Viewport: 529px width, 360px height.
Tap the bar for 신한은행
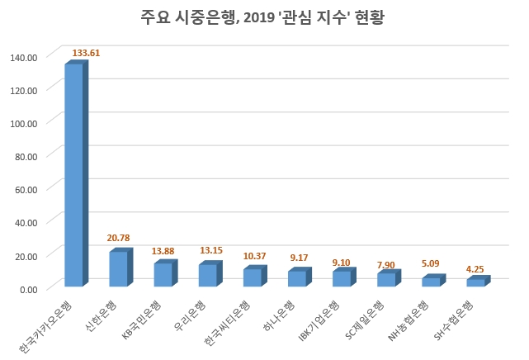(119, 269)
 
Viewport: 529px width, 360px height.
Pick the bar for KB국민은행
(163, 275)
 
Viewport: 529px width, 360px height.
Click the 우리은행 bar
(208, 276)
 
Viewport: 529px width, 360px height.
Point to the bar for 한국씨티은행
(253, 277)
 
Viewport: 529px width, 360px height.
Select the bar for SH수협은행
(475, 282)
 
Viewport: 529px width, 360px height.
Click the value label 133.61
(87, 53)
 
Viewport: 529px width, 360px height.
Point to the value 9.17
(299, 258)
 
